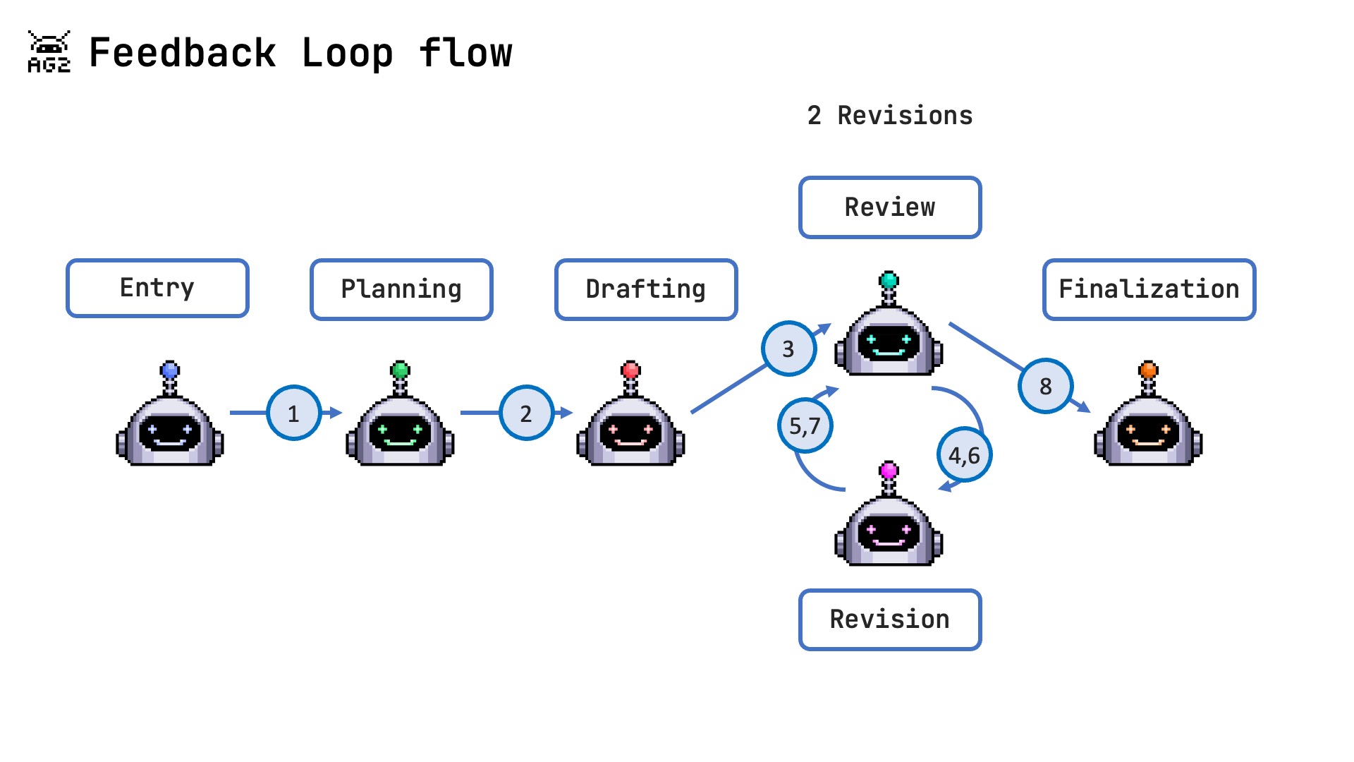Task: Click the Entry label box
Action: coord(157,288)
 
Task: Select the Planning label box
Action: coord(401,289)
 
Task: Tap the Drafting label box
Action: coord(646,289)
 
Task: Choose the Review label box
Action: coord(890,207)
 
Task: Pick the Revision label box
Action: coord(890,619)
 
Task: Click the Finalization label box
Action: coord(1149,289)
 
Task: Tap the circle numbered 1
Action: coord(294,413)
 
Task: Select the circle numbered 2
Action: coord(526,413)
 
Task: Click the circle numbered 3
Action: coord(788,349)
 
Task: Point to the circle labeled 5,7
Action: coord(805,425)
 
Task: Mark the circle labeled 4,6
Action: coord(964,455)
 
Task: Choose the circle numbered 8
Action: coord(1046,386)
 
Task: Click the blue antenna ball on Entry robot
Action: coord(170,370)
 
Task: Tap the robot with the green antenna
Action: coord(401,423)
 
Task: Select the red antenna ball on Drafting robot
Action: coord(630,370)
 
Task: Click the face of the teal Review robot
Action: coord(889,342)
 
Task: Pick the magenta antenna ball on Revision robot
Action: coord(889,469)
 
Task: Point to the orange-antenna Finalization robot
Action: coord(1148,423)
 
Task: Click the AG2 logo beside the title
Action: coord(49,52)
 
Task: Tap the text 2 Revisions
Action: coord(890,116)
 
